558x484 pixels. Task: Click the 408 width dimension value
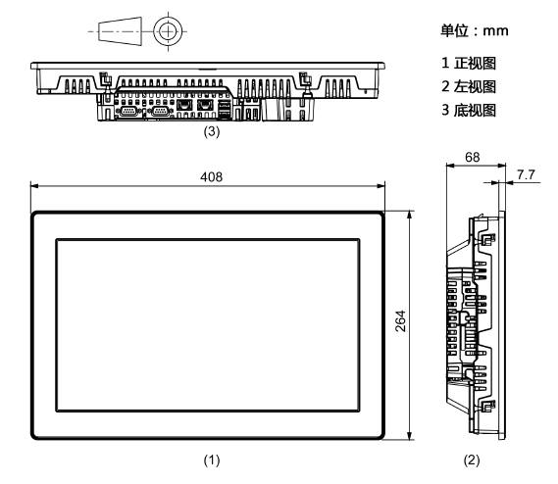click(212, 176)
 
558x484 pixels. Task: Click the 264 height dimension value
click(401, 321)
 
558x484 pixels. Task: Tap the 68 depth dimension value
click(473, 157)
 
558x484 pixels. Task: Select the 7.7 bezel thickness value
click(526, 174)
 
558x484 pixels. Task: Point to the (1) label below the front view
click(212, 460)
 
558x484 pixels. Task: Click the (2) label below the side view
click(472, 460)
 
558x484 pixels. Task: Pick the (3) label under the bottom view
click(212, 131)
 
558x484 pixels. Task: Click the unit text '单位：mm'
click(475, 30)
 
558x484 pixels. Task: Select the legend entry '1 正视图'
click(469, 63)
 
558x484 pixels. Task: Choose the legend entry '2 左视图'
click(469, 86)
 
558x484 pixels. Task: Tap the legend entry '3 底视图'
click(469, 110)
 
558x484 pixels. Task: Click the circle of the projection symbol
click(168, 17)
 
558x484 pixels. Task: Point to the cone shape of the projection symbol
click(120, 31)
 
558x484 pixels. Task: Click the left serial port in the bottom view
click(128, 111)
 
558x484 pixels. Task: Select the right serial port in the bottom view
click(160, 111)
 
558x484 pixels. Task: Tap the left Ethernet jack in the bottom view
click(184, 105)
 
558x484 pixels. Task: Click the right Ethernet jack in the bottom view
click(205, 105)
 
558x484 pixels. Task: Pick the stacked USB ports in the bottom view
click(225, 109)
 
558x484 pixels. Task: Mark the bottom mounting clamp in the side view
click(487, 407)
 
